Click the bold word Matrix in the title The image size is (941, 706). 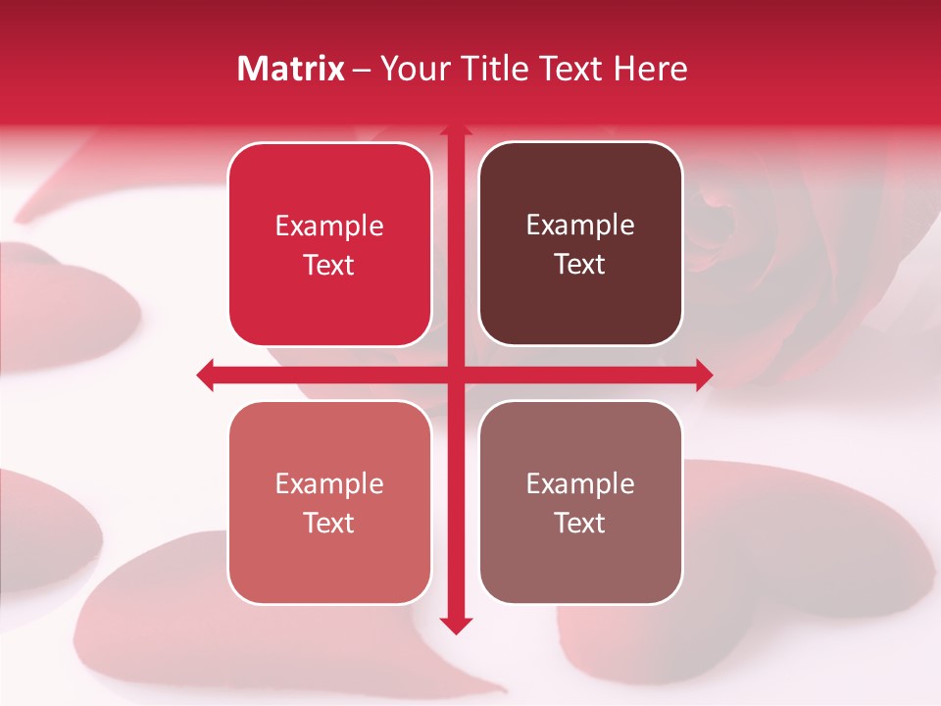(291, 69)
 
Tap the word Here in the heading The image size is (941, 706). (651, 69)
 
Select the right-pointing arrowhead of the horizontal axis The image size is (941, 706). (704, 374)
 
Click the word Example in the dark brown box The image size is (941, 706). (580, 226)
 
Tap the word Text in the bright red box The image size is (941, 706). (329, 265)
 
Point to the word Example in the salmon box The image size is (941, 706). (329, 483)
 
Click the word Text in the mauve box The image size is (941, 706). (580, 523)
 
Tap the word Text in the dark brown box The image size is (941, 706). (580, 265)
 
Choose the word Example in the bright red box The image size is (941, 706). (329, 226)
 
